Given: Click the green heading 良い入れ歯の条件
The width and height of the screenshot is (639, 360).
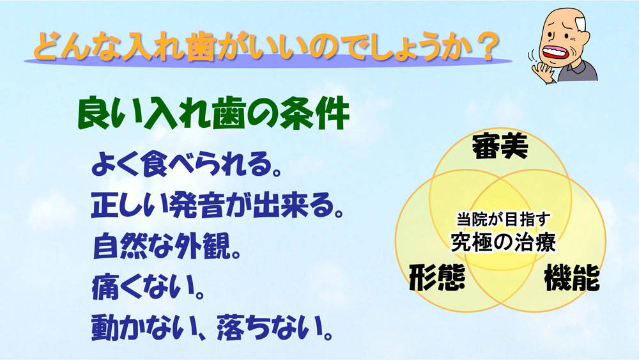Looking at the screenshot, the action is point(213,114).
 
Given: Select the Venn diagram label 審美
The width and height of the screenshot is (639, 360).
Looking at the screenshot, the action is point(500,147).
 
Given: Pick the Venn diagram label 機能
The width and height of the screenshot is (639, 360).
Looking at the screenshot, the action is point(572,277).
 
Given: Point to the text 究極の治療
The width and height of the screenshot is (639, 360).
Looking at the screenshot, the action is point(504,242).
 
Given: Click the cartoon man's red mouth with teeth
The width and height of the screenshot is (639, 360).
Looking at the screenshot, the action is point(557,52).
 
